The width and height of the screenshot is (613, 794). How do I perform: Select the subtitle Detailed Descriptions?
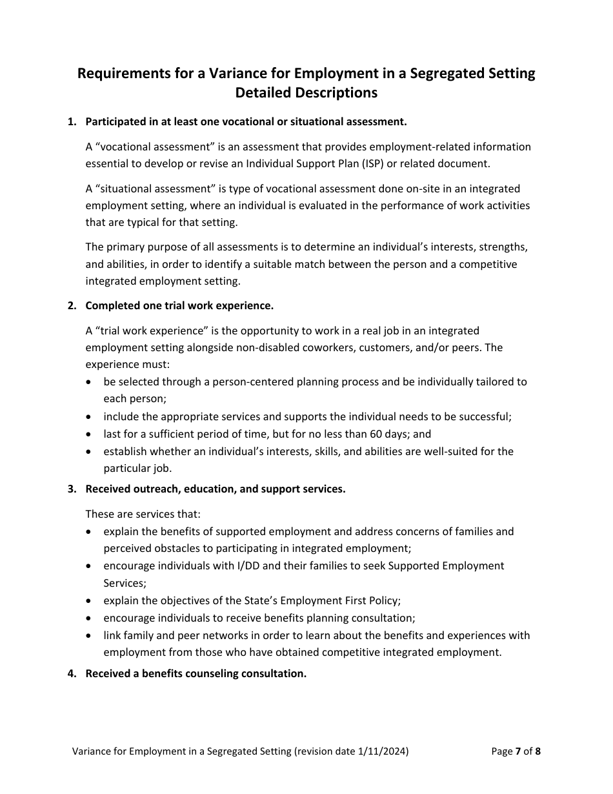tap(306, 93)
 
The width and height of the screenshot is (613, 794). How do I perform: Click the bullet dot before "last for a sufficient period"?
tap(88, 434)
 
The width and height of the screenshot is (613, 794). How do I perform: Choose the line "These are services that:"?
tap(143, 514)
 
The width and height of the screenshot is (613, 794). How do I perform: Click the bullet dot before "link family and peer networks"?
tap(88, 635)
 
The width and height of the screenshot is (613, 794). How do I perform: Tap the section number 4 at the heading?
tap(71, 673)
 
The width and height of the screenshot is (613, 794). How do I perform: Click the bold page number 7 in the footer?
tap(518, 751)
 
